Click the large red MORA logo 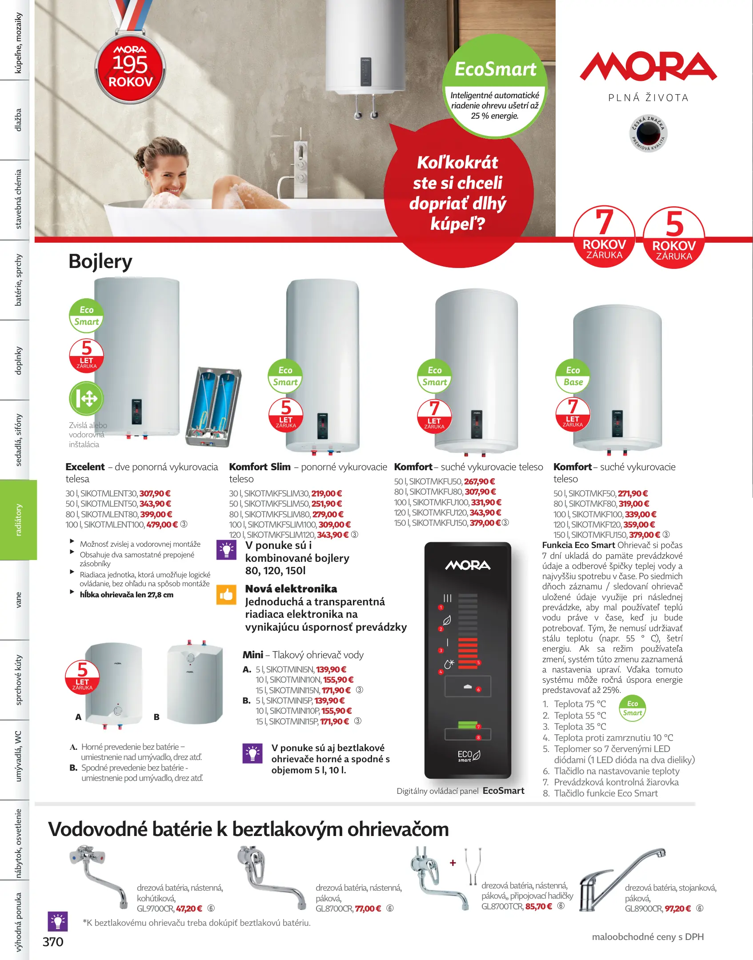pos(648,67)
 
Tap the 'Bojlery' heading pos(100,261)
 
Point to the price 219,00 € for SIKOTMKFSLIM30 pos(327,494)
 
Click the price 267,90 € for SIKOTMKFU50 pos(479,482)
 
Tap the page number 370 pos(53,942)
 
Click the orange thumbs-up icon pos(226,594)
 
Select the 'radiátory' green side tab pos(18,520)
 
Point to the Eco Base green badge pos(573,376)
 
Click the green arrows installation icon pos(86,398)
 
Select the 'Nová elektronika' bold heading pos(291,589)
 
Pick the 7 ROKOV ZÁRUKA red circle pos(604,236)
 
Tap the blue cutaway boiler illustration pos(214,407)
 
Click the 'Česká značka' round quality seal pos(649,133)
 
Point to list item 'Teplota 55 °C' pos(580,716)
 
